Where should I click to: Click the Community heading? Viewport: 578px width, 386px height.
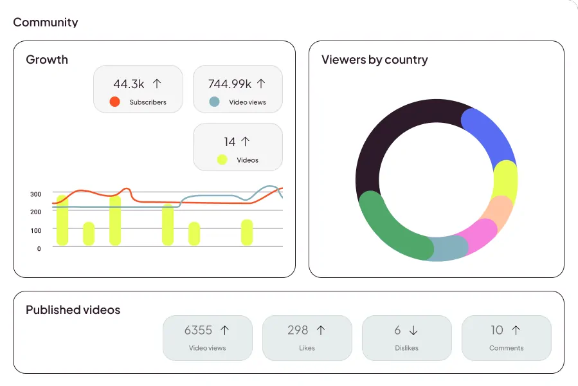tap(46, 23)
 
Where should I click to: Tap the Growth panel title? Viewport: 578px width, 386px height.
tap(47, 60)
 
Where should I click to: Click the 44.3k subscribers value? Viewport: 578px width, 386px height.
tap(129, 84)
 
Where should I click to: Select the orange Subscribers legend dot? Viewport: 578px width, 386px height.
tap(115, 102)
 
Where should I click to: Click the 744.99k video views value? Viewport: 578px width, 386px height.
tap(230, 84)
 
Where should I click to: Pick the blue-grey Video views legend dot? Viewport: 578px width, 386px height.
tap(215, 102)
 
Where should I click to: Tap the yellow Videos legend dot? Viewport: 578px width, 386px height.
tap(222, 160)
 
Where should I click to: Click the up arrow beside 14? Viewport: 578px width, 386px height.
tap(245, 142)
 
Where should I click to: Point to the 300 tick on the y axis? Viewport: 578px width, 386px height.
tap(36, 194)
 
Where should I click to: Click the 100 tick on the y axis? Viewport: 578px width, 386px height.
tap(36, 230)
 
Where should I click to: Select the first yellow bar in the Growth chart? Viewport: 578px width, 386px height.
tap(62, 220)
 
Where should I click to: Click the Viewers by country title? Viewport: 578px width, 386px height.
tap(375, 60)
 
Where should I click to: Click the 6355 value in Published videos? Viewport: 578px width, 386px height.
tap(198, 330)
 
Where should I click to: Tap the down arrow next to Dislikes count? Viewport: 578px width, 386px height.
tap(413, 330)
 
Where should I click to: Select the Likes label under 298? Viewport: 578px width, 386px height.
tap(307, 348)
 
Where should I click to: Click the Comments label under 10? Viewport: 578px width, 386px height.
tap(507, 348)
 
